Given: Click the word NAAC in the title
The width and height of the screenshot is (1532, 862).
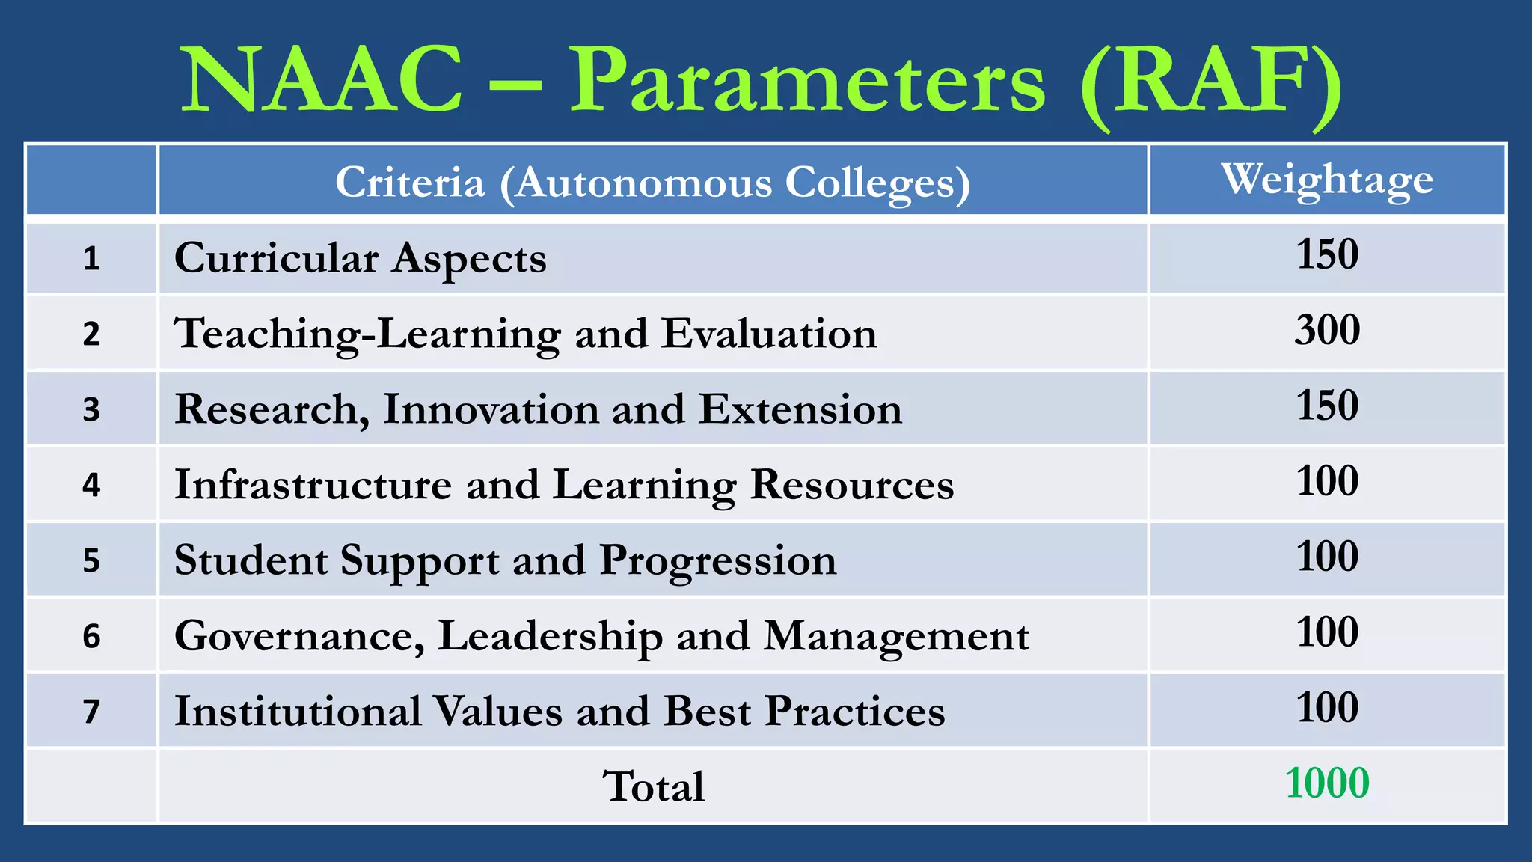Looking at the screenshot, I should pos(322,79).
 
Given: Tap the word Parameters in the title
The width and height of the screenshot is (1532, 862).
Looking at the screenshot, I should pos(808,81).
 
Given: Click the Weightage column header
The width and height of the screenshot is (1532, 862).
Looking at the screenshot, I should pos(1327,180).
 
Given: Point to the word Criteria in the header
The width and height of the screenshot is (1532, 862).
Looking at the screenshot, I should pos(410,182).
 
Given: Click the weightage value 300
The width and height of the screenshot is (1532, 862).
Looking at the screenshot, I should pos(1327,329).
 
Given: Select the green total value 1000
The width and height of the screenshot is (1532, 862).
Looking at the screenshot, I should pos(1327,783).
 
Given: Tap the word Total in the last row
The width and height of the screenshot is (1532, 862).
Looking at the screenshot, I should pos(653,786).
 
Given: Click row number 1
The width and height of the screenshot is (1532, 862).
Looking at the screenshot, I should pos(91,259).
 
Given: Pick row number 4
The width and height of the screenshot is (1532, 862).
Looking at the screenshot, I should pos(91,485).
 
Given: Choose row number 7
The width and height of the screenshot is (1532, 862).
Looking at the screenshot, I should pos(91,712).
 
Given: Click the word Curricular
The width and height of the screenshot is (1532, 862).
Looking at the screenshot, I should pos(276,258).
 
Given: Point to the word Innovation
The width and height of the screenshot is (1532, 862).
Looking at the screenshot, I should pos(491,409).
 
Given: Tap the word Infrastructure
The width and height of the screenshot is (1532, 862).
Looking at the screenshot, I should pos(313,485).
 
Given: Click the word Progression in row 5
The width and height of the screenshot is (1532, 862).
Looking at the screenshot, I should pos(718,561).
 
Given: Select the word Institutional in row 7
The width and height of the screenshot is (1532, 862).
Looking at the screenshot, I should pos(298,712).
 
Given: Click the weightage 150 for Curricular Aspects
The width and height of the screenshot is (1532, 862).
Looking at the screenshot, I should pos(1327,254).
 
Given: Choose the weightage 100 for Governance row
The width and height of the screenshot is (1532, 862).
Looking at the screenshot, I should pos(1327,632).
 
